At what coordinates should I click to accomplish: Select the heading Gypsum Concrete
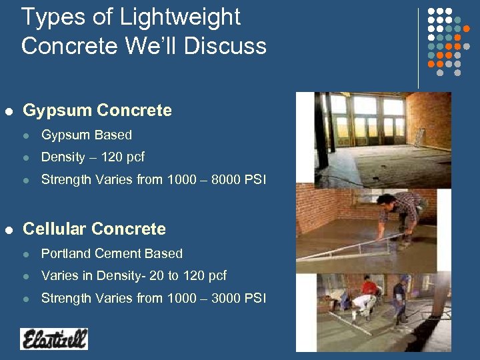(97, 111)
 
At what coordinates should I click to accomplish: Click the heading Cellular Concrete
(94, 229)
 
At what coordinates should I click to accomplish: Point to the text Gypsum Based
(87, 135)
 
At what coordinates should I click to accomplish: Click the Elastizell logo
(54, 339)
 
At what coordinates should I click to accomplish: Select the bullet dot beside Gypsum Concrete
(8, 111)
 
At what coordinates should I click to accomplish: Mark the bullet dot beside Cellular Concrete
(8, 230)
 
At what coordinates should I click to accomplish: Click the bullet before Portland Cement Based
(26, 254)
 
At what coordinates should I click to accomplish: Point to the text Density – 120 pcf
(93, 157)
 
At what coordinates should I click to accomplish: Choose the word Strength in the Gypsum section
(63, 180)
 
